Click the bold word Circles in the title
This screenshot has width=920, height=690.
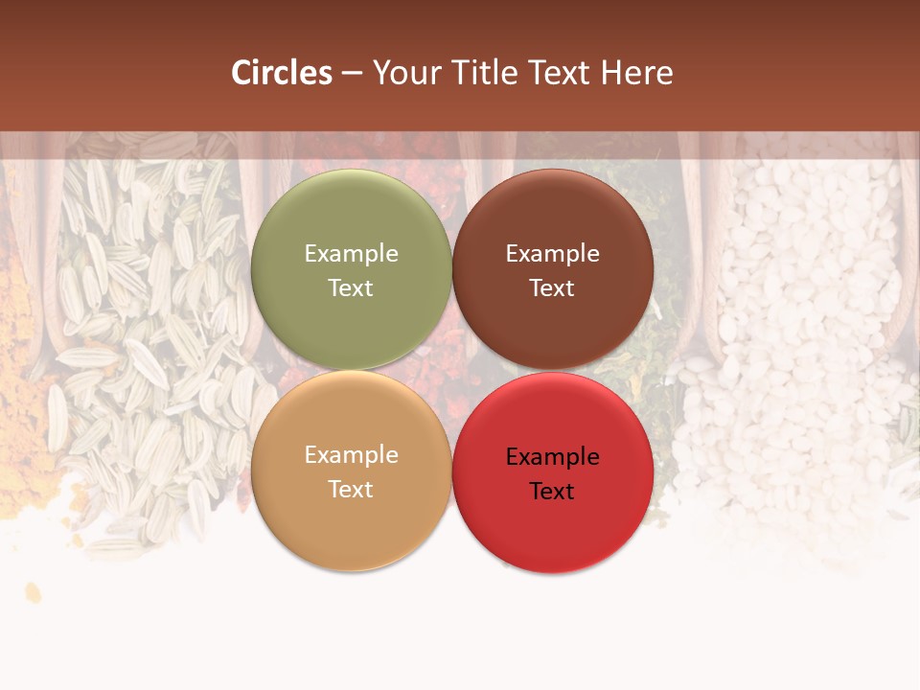(x=282, y=73)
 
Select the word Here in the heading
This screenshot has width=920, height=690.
(x=636, y=73)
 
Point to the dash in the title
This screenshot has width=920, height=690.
(x=352, y=74)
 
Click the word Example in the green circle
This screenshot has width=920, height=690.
(x=351, y=253)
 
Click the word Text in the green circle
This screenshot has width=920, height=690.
(x=351, y=287)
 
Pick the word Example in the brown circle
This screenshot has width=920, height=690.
(x=553, y=253)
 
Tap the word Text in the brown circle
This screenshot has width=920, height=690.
(x=553, y=287)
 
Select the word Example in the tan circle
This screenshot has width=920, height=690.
(x=351, y=454)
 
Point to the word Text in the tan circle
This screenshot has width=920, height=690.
(x=351, y=489)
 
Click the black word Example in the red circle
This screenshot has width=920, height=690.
(x=553, y=456)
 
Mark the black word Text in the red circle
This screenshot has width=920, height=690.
(x=553, y=491)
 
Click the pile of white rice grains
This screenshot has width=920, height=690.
(x=795, y=335)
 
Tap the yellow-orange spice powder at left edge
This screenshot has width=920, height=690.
(x=19, y=402)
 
